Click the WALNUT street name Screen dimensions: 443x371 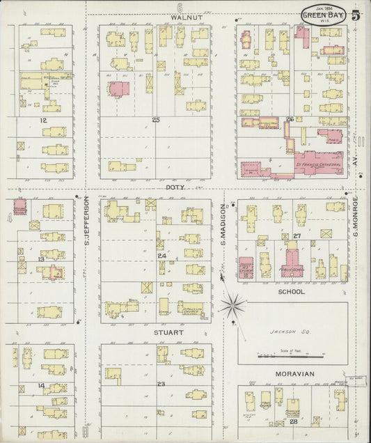click(x=180, y=17)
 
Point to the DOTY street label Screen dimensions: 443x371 click(x=174, y=187)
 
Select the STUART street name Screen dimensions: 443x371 click(x=169, y=333)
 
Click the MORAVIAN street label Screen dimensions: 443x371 click(x=294, y=374)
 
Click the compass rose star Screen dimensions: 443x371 click(x=232, y=304)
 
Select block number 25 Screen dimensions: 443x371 click(x=156, y=120)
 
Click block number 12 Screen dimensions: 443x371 click(x=42, y=120)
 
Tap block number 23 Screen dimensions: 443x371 click(x=160, y=384)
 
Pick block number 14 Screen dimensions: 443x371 click(x=42, y=385)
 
